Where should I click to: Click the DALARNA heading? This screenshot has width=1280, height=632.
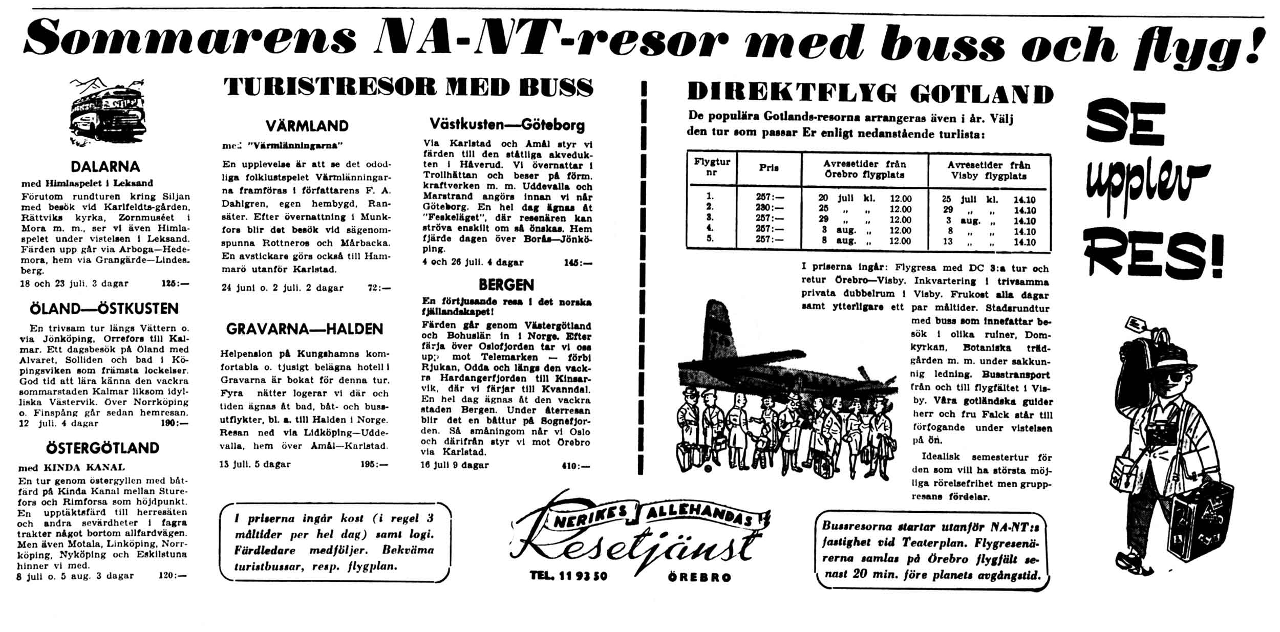pos(105,167)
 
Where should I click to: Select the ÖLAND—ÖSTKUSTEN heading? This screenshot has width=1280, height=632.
pos(104,309)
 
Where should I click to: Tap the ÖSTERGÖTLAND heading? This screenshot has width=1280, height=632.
pos(103,448)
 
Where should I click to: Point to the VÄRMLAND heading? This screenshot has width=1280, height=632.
pos(307,126)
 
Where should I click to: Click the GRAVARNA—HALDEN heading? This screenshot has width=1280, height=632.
pos(305,329)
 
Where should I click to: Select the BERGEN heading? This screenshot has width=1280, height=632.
pos(506,285)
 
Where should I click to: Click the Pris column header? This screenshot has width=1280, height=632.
pos(769,168)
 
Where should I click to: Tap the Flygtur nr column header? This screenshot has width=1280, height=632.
pos(712,167)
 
